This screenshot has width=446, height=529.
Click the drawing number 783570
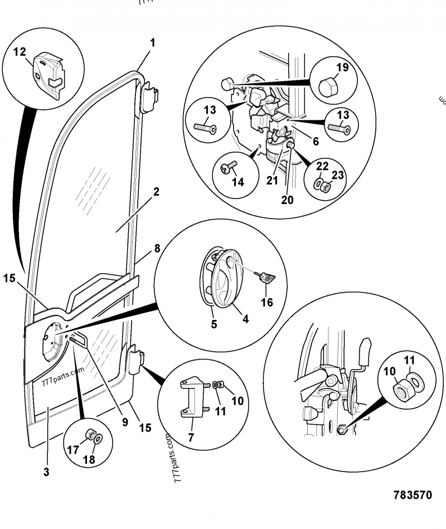pos(412,495)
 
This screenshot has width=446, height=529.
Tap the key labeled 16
pos(263,277)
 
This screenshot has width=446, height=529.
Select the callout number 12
pos(20,52)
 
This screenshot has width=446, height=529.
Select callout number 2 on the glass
pos(156,192)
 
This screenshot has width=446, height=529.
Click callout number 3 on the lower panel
pos(46,472)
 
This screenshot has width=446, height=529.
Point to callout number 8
pos(157,249)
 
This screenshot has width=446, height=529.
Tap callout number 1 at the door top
pos(152,42)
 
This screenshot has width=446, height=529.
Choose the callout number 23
pos(338,176)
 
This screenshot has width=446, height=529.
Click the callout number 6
pos(316,142)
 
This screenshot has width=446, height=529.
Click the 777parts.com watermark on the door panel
pos(62,377)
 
